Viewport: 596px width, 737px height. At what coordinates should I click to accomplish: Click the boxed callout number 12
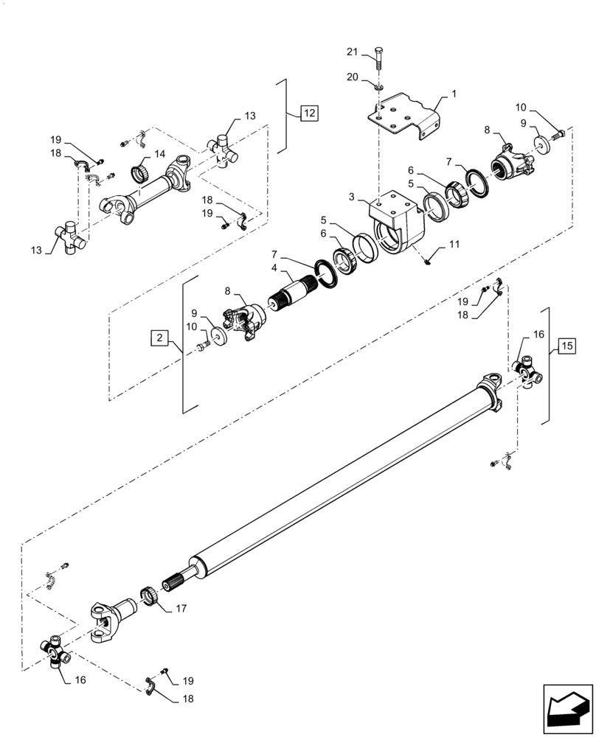(x=309, y=113)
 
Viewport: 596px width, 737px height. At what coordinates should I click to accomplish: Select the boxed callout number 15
(x=566, y=345)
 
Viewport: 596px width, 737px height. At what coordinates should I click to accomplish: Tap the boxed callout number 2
(x=159, y=338)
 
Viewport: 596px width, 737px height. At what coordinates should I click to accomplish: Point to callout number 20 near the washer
(x=353, y=77)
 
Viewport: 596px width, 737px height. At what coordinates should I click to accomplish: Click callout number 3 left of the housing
(x=353, y=198)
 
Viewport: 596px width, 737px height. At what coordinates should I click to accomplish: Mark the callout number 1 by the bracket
(x=454, y=94)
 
